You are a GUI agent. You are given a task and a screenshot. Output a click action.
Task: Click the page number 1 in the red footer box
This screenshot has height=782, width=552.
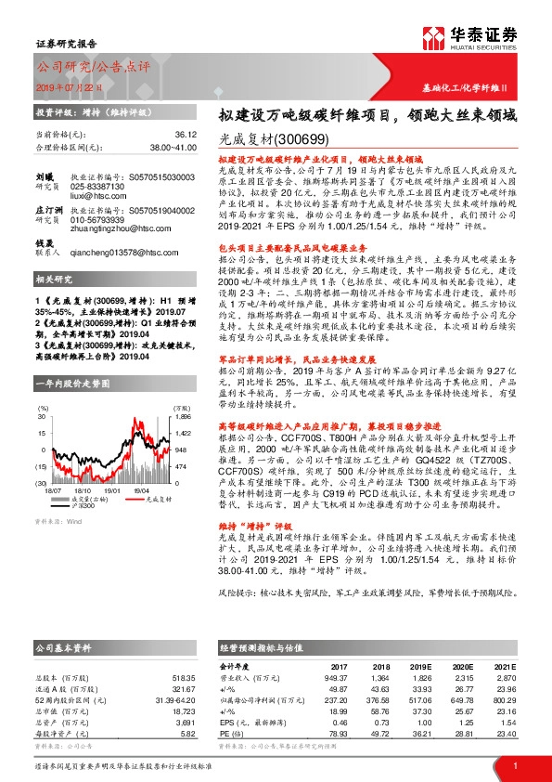click(x=514, y=765)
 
